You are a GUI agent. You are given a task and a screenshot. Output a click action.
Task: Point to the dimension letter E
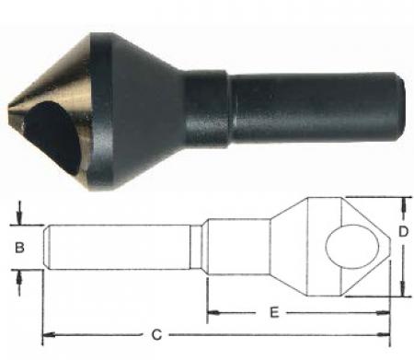click(273, 313)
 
